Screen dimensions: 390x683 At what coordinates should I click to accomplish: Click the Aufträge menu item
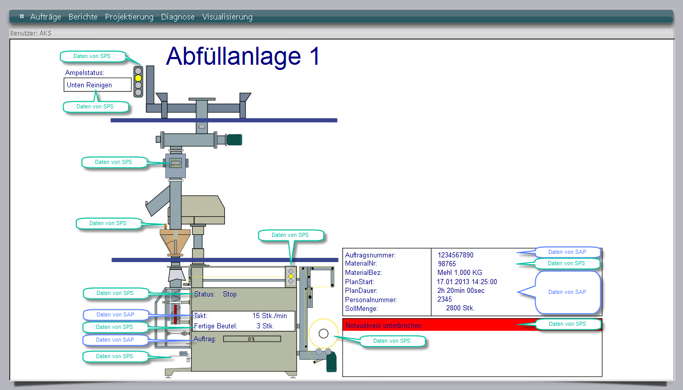45,17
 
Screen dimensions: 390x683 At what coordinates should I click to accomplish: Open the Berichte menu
83,17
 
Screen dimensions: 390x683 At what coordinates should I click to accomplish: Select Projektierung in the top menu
129,17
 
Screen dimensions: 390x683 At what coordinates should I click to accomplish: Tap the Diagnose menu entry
178,17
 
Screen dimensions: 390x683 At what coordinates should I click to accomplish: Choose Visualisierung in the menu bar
227,17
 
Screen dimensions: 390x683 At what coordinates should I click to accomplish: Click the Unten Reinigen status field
98,85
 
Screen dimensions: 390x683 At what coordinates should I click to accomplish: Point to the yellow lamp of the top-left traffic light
138,78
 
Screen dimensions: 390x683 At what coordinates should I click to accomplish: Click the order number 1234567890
456,255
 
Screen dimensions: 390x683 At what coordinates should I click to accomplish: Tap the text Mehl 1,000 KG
460,273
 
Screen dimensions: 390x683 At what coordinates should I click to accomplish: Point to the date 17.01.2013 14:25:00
467,282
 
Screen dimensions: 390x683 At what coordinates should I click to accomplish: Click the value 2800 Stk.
460,308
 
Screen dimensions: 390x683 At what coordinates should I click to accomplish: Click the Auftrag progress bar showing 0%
252,339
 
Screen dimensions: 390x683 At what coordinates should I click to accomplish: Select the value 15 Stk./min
269,315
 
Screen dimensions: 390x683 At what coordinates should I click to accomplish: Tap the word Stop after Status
230,294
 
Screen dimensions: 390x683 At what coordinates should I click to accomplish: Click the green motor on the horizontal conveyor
234,139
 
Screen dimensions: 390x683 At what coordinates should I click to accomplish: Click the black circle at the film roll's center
324,333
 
